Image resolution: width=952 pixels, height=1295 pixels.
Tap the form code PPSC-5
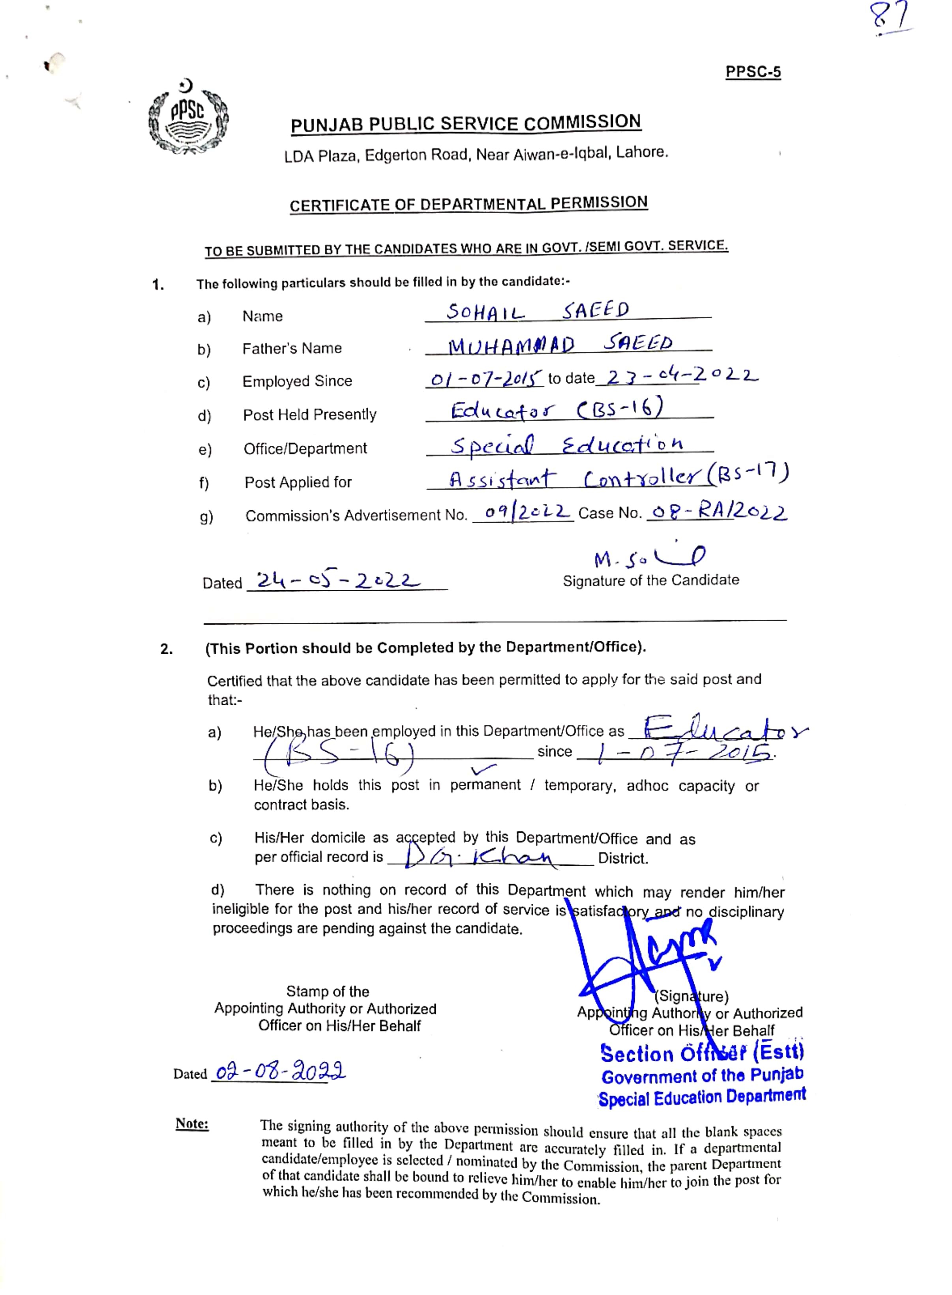[x=753, y=72]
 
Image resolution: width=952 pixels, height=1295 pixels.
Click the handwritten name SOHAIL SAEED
[x=538, y=312]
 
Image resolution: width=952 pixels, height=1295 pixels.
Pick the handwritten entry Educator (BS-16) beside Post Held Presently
[x=557, y=410]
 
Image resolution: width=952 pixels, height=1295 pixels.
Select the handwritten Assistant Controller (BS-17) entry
[x=618, y=478]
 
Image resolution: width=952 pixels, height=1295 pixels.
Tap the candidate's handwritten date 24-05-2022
[x=338, y=580]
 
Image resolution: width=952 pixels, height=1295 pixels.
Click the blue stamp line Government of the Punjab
[x=702, y=1075]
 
